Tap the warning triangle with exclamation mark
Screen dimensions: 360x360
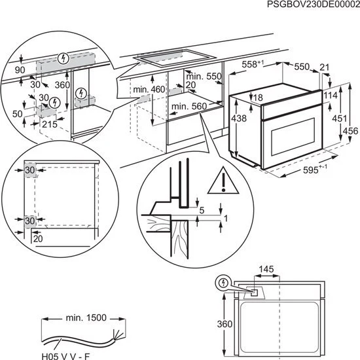(221, 180)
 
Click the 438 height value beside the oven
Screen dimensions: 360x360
(240, 118)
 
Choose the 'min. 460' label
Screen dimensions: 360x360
(148, 89)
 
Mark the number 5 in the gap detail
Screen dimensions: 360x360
(203, 210)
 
